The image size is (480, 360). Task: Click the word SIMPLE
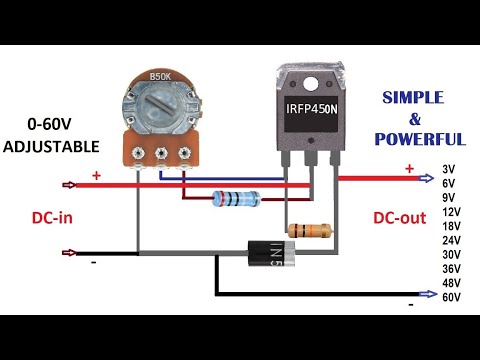422,99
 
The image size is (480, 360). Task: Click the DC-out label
402,218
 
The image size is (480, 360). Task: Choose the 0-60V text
51,126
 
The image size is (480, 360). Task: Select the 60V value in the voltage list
451,297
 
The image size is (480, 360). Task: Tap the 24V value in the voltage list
451,240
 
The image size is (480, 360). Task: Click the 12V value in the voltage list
451,211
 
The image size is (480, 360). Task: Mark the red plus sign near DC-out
409,169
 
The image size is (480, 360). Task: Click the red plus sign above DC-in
97,175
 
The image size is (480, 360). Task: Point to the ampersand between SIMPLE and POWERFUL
421,119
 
